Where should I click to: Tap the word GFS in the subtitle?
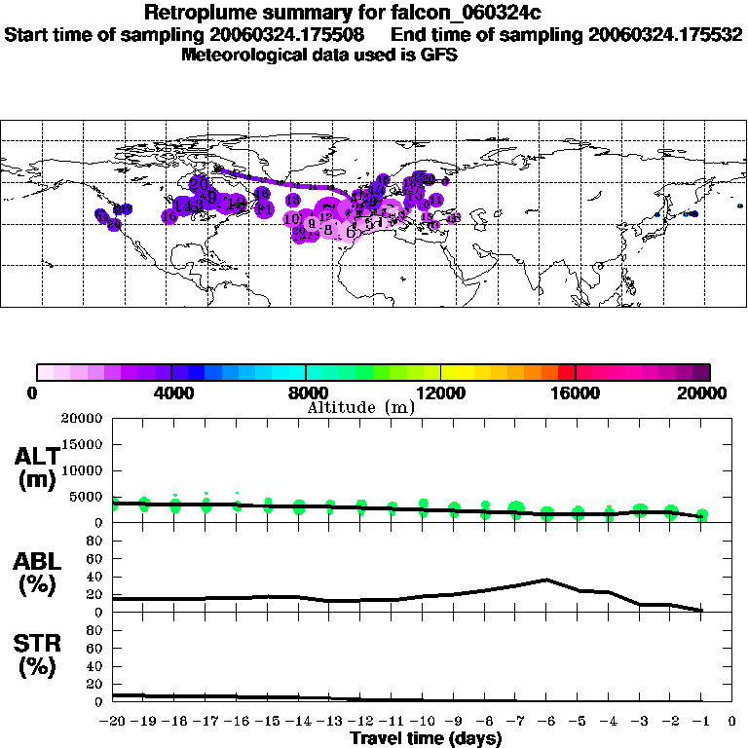coord(438,55)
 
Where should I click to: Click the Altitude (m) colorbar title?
coord(360,407)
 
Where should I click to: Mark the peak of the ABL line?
coord(547,580)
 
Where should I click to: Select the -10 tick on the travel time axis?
coord(424,723)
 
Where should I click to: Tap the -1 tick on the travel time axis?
coord(701,723)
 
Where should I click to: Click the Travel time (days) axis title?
coord(426,738)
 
